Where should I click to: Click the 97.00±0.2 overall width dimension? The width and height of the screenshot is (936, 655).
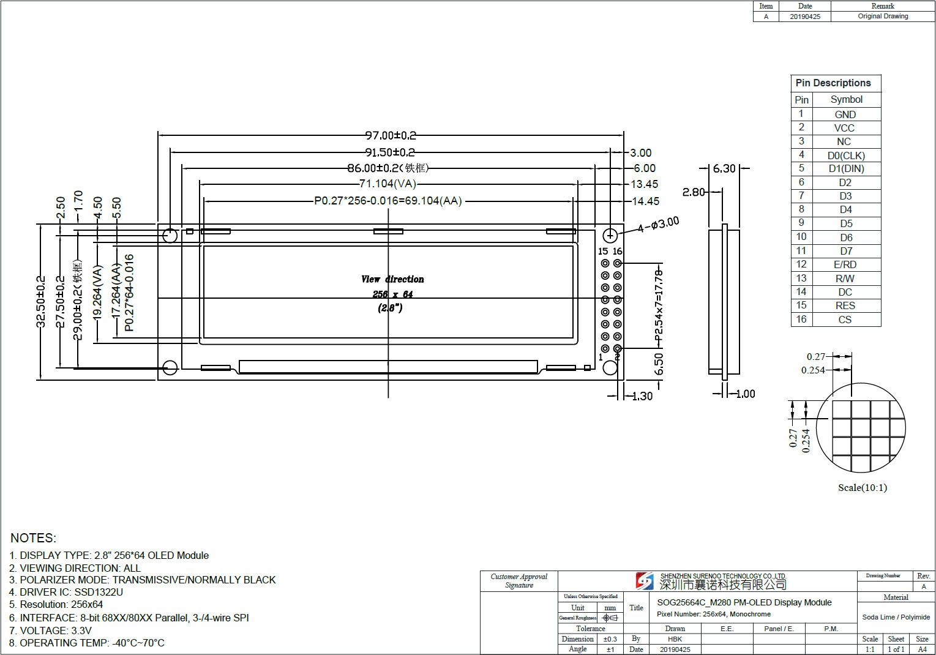tap(391, 135)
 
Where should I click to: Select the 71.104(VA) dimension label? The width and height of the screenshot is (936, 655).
tap(388, 184)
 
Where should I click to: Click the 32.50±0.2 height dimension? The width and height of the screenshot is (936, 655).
tap(41, 301)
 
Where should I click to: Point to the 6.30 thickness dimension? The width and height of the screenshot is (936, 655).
tap(724, 168)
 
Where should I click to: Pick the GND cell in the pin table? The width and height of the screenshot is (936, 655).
tap(845, 114)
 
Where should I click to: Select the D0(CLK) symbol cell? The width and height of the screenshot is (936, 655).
tap(845, 155)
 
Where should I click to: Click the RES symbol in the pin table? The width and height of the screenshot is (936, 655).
tap(845, 305)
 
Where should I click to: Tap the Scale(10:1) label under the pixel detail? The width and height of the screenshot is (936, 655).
tap(862, 487)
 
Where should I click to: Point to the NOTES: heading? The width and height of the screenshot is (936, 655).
tap(33, 538)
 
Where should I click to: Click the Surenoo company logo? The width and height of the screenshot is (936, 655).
tap(645, 580)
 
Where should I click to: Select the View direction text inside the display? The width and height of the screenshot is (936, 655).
tap(392, 279)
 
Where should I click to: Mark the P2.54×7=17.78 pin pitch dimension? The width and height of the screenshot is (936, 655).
tap(659, 305)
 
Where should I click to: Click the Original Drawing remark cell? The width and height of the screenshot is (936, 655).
tap(883, 17)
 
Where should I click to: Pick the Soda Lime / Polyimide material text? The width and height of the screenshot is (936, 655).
tap(896, 617)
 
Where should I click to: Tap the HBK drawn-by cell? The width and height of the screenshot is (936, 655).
tap(675, 639)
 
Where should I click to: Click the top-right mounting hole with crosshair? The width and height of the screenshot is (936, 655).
tap(610, 236)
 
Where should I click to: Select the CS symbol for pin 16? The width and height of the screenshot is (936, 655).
tap(845, 320)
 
